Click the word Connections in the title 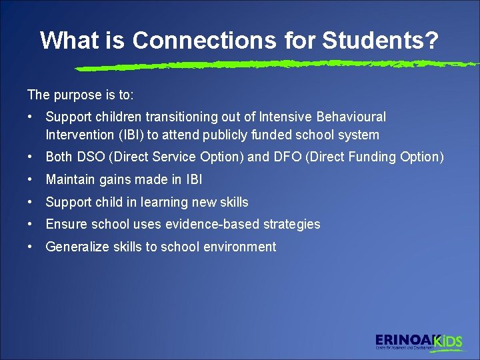193,40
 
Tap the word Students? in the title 381,40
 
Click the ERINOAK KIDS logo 418,341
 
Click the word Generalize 75,247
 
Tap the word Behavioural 351,117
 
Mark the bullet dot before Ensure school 31,224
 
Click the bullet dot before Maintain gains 31,179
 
